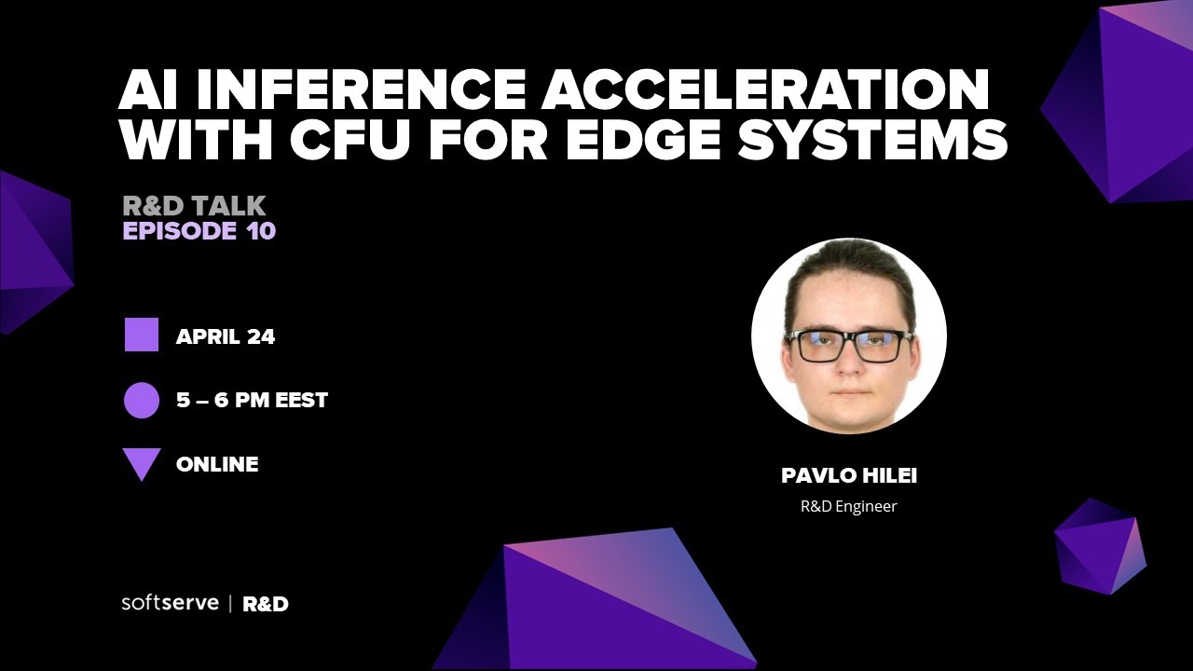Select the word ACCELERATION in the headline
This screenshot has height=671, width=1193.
pyautogui.click(x=766, y=89)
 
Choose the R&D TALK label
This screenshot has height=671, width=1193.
pyautogui.click(x=194, y=205)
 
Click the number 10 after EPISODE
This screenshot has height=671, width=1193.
pyautogui.click(x=262, y=231)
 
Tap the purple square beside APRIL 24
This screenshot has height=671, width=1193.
pyautogui.click(x=142, y=335)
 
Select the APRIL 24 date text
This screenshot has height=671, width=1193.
pyautogui.click(x=226, y=336)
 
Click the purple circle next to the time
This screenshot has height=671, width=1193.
pyautogui.click(x=142, y=401)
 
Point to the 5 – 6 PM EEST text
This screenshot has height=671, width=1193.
pyautogui.click(x=252, y=401)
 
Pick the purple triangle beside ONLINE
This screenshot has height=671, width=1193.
pyautogui.click(x=142, y=463)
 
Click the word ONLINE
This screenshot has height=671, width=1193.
pyautogui.click(x=217, y=464)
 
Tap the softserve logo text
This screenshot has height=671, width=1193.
pyautogui.click(x=170, y=602)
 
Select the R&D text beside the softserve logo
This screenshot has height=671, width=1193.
pyautogui.click(x=266, y=604)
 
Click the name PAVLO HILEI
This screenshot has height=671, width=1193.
pyautogui.click(x=849, y=476)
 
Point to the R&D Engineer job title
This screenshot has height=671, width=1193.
pyautogui.click(x=848, y=507)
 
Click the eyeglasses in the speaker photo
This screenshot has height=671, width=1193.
pyautogui.click(x=848, y=346)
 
